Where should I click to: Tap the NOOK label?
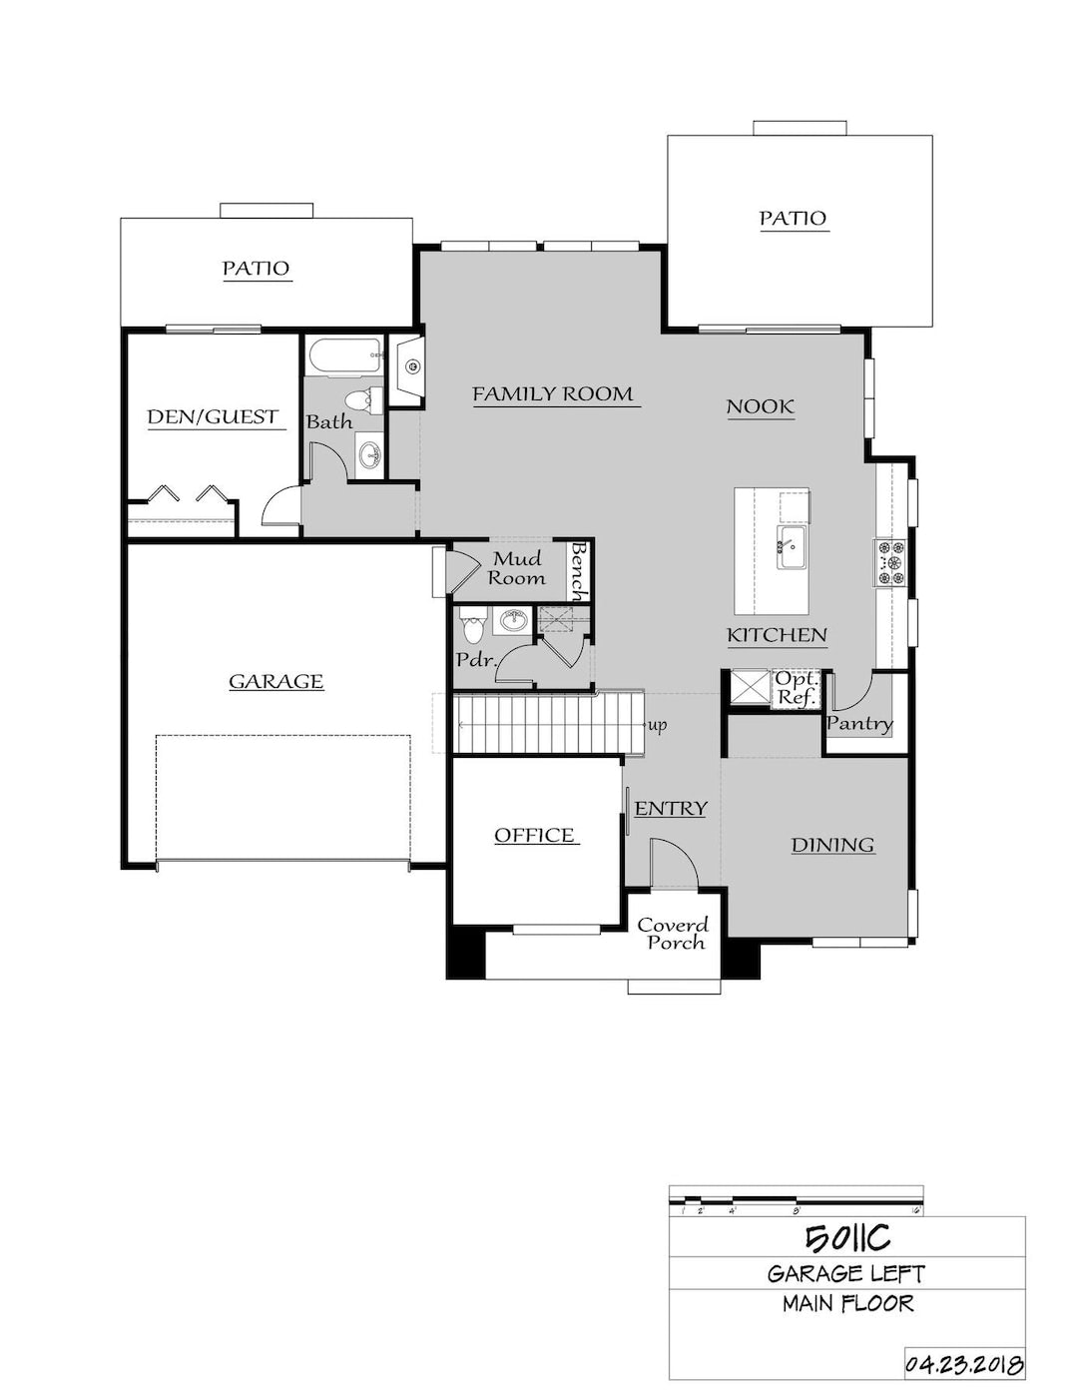point(760,406)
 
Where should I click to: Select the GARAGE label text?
point(276,681)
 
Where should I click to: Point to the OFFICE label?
point(534,835)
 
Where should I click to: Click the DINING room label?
point(832,845)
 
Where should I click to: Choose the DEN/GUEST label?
point(213,416)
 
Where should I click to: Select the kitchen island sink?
point(792,547)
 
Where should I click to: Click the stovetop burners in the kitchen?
point(889,563)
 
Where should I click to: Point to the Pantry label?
point(859,723)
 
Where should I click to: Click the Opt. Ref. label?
point(797,687)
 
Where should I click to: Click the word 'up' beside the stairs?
point(658,726)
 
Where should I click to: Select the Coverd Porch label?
point(673,934)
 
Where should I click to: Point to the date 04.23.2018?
point(965,1361)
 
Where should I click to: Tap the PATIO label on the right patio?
point(793,218)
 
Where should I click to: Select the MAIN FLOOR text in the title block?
point(847,1303)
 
